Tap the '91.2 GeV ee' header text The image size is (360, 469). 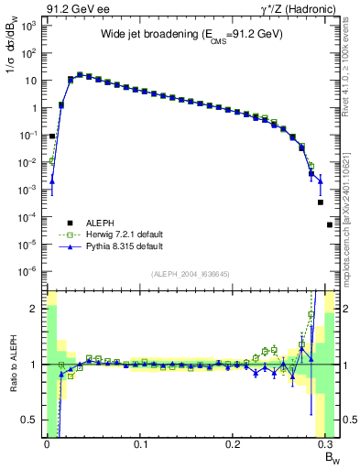coord(76,8)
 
